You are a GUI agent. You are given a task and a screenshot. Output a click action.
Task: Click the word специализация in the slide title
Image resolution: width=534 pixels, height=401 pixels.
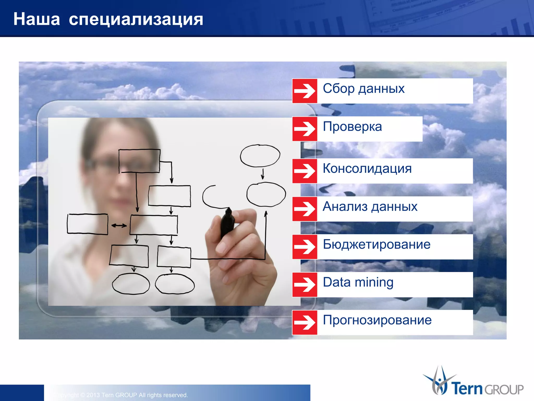pyautogui.click(x=136, y=20)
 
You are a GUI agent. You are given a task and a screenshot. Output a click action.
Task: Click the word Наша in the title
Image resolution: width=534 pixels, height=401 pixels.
pyautogui.click(x=37, y=19)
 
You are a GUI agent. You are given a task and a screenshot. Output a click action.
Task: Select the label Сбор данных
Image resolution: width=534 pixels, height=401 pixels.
pyautogui.click(x=363, y=89)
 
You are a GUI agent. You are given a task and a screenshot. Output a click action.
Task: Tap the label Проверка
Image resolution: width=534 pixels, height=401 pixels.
pyautogui.click(x=352, y=127)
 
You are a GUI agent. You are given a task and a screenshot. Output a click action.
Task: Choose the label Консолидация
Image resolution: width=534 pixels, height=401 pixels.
pyautogui.click(x=367, y=169)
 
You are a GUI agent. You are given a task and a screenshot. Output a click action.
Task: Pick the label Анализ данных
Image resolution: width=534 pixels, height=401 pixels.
pyautogui.click(x=370, y=207)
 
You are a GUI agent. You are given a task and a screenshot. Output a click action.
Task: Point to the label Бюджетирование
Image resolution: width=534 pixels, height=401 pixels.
pyautogui.click(x=377, y=245)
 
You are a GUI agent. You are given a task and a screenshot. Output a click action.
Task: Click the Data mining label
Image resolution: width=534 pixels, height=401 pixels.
pyautogui.click(x=358, y=282)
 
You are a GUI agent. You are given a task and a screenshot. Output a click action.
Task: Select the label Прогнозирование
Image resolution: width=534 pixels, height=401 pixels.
pyautogui.click(x=377, y=320)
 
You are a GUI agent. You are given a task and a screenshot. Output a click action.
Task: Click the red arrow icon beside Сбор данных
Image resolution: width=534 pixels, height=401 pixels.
pyautogui.click(x=305, y=91)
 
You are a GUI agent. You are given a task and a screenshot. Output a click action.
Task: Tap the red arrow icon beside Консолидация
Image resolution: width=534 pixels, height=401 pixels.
pyautogui.click(x=305, y=171)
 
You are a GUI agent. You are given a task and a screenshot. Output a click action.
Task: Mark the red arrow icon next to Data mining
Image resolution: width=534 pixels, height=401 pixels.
pyautogui.click(x=305, y=285)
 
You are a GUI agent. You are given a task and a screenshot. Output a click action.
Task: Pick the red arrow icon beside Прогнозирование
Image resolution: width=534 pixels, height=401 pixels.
pyautogui.click(x=305, y=322)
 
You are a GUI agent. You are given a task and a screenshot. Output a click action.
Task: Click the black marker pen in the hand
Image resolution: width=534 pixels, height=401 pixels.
pyautogui.click(x=227, y=223)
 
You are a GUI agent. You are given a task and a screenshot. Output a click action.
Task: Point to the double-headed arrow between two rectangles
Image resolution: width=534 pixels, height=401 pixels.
pyautogui.click(x=119, y=226)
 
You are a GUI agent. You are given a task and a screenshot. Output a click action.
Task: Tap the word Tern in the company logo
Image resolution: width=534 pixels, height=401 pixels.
pyautogui.click(x=467, y=388)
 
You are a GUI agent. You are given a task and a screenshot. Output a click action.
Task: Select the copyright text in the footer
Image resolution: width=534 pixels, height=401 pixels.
pyautogui.click(x=123, y=395)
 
